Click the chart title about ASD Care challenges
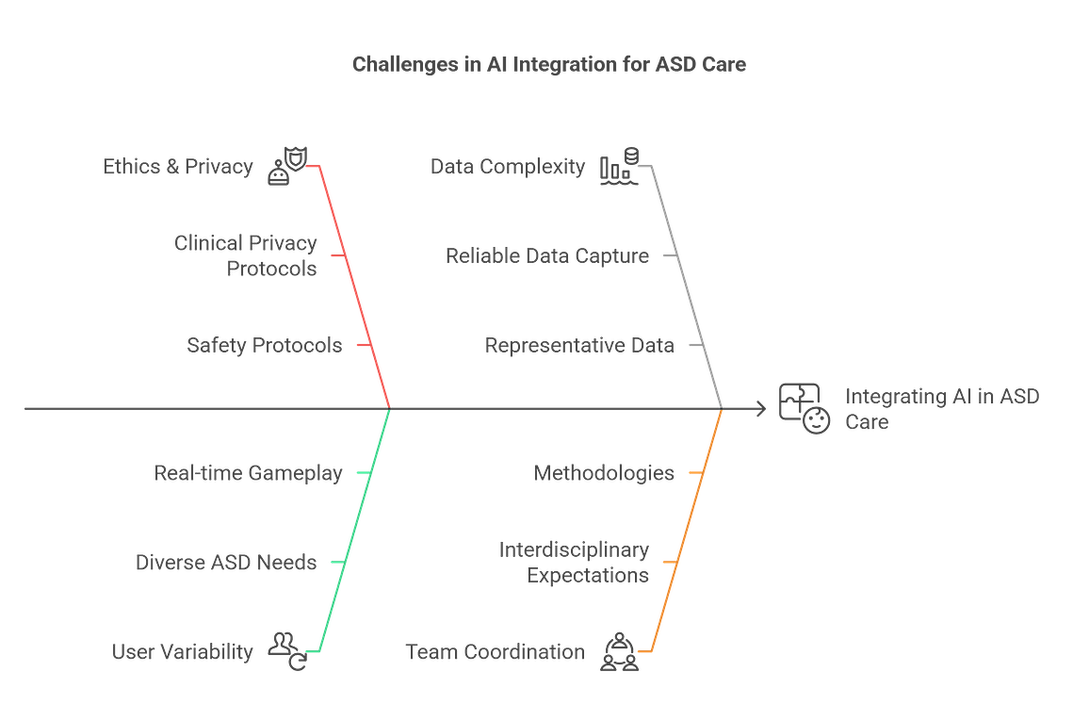click(x=549, y=64)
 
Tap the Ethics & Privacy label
click(x=178, y=167)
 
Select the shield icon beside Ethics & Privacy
click(x=287, y=167)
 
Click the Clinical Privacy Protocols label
click(x=245, y=255)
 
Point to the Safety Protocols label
click(x=264, y=345)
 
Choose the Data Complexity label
click(x=508, y=167)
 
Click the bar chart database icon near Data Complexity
click(x=619, y=167)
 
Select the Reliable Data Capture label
click(x=547, y=256)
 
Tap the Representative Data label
click(x=579, y=345)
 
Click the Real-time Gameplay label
click(x=248, y=473)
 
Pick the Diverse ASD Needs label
click(x=226, y=562)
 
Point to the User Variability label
click(x=182, y=652)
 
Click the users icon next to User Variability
click(x=287, y=651)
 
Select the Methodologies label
click(x=604, y=473)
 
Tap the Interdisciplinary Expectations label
click(x=574, y=562)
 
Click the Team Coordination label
click(x=495, y=652)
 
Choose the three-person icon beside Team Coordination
click(x=619, y=651)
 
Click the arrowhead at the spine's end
click(x=761, y=409)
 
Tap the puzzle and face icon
click(x=805, y=408)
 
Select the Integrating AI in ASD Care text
click(x=942, y=409)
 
